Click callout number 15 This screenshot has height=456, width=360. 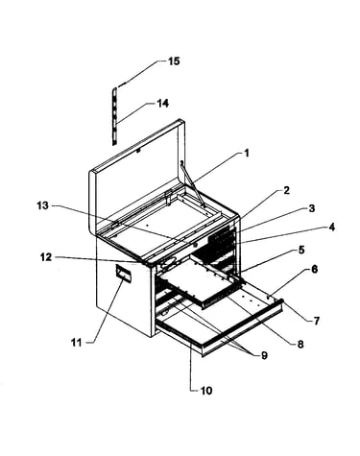[174, 60]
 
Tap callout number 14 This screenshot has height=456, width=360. [162, 104]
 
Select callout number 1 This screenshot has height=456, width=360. [246, 153]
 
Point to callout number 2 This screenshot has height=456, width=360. [286, 190]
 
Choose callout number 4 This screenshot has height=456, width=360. [331, 228]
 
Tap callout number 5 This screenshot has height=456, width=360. [301, 250]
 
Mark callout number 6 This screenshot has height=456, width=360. [314, 269]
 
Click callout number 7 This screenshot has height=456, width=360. [316, 321]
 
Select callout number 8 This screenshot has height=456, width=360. [300, 344]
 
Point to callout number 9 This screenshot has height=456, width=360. [264, 355]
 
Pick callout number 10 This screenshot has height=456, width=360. [206, 391]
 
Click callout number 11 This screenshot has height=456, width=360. [76, 343]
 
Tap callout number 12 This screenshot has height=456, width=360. [46, 256]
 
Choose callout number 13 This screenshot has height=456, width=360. [42, 205]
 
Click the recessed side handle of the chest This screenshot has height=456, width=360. [123, 274]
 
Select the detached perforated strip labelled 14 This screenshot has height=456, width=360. [115, 116]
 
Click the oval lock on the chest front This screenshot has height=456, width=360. [169, 263]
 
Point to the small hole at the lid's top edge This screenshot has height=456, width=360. [138, 151]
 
